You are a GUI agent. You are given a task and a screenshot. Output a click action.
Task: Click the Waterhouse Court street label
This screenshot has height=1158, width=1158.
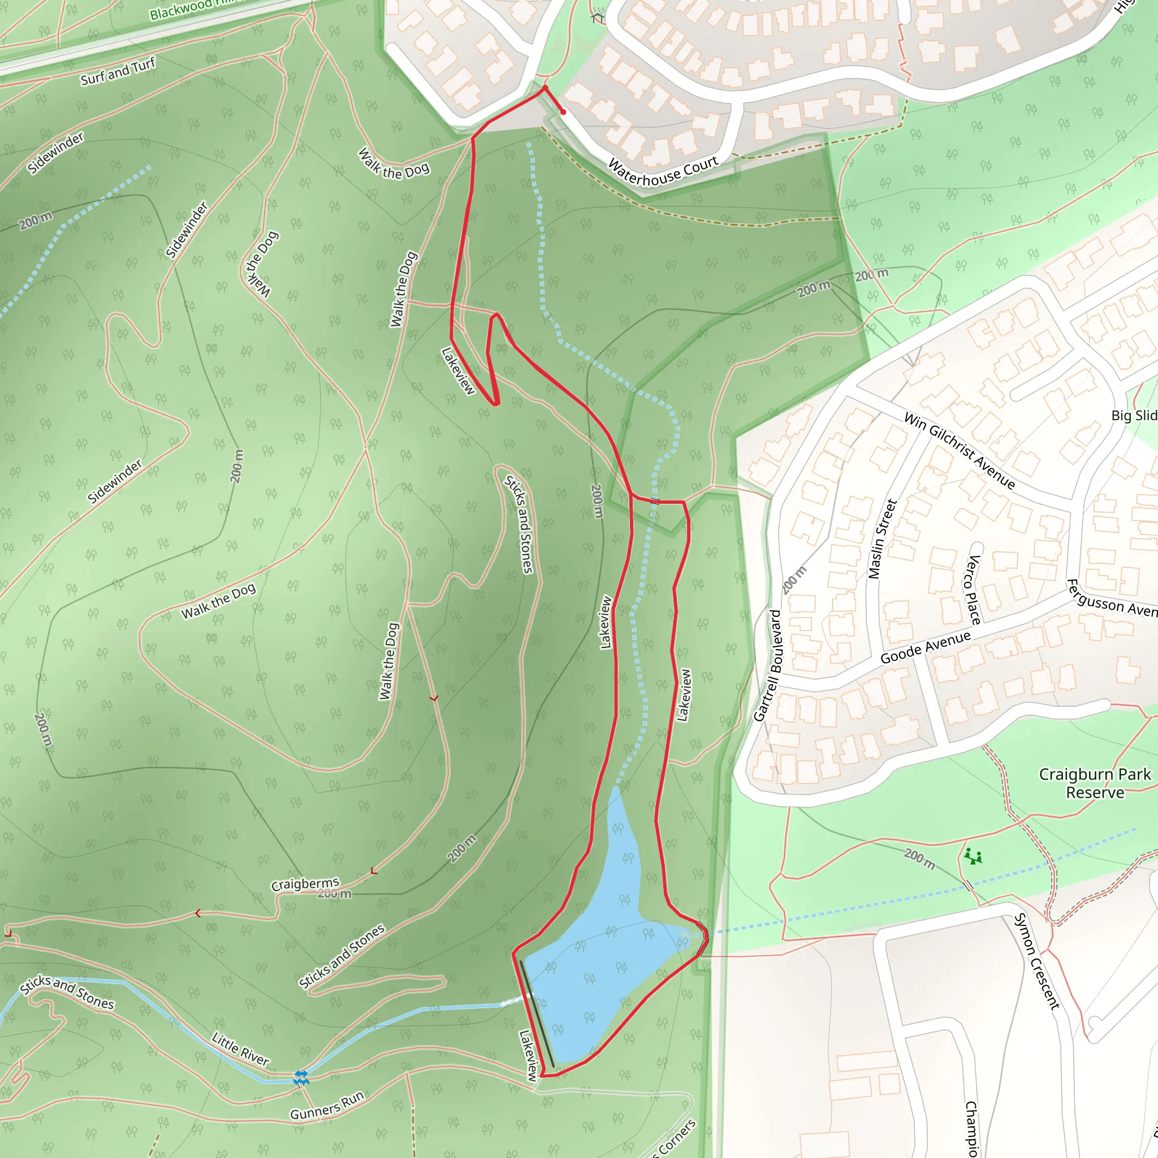pyautogui.click(x=663, y=171)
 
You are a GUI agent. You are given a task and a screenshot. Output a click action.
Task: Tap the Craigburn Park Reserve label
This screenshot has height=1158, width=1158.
pyautogui.click(x=1095, y=783)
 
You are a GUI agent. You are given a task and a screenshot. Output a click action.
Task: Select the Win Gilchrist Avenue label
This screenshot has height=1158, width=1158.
pyautogui.click(x=959, y=451)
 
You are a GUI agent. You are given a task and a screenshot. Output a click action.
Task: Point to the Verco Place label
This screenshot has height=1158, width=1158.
pyautogui.click(x=973, y=590)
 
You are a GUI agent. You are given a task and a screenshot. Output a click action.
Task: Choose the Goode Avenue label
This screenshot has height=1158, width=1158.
pyautogui.click(x=925, y=647)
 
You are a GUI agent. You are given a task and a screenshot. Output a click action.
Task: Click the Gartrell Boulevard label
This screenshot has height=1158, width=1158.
pyautogui.click(x=768, y=666)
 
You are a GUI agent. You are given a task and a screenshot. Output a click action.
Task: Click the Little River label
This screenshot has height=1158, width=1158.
pyautogui.click(x=240, y=1048)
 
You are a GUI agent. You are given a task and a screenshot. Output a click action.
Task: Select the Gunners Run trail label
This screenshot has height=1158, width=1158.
pyautogui.click(x=327, y=1105)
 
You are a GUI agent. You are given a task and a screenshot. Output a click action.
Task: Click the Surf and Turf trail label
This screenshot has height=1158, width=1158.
pyautogui.click(x=118, y=71)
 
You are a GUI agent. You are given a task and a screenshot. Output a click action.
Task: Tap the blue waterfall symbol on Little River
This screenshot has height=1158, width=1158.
pyautogui.click(x=301, y=1078)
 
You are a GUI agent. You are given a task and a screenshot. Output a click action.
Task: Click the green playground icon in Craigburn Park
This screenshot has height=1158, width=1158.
pyautogui.click(x=974, y=857)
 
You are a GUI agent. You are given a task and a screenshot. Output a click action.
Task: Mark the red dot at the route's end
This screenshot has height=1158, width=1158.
pyautogui.click(x=563, y=112)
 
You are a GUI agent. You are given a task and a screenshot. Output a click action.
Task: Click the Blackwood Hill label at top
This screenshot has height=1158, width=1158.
pyautogui.click(x=192, y=9)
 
